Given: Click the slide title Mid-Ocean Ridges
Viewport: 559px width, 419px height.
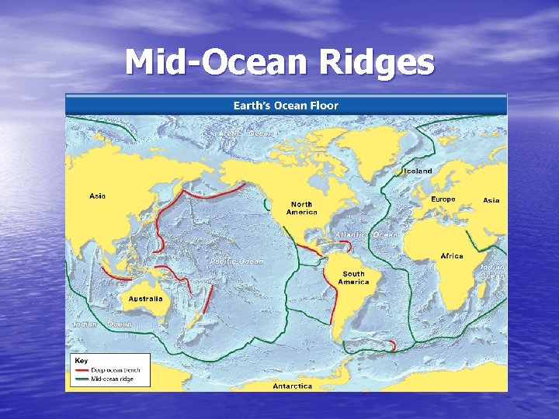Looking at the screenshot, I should [279, 63].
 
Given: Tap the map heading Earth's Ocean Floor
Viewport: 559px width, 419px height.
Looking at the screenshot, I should [286, 105].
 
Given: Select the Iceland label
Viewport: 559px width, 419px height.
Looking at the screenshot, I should [417, 171].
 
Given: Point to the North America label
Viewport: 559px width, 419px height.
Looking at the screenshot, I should [301, 208].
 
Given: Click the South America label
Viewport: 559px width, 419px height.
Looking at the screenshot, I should [353, 278].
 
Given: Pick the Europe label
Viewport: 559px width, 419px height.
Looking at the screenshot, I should [443, 199].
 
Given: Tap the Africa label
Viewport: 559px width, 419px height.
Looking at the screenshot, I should [451, 255].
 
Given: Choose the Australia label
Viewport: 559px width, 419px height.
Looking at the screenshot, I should [145, 298].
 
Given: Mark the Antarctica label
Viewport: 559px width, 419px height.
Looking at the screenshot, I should [292, 386].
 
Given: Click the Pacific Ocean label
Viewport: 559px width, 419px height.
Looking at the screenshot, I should [236, 261].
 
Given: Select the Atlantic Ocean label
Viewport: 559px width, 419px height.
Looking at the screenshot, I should [366, 234].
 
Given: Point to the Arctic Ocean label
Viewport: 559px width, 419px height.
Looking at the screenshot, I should [246, 133].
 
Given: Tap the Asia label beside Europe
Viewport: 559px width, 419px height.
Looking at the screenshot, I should [491, 200].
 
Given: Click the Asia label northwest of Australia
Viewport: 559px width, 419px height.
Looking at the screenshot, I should [97, 196].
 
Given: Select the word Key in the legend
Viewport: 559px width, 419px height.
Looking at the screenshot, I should [80, 361].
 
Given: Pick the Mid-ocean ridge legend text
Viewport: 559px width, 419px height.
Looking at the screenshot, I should [113, 379].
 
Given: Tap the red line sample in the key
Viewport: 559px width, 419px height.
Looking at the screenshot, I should [82, 371].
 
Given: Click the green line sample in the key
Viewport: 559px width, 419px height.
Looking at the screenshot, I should [82, 379].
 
